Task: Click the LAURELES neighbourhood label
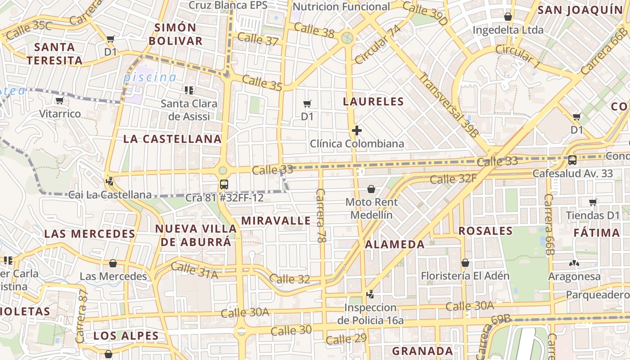tap(373, 101)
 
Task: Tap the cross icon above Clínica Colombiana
tap(357, 131)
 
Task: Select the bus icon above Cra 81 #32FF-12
tap(224, 184)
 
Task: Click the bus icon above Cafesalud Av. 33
tap(572, 160)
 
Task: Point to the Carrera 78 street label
tap(321, 216)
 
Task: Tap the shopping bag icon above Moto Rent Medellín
tap(371, 189)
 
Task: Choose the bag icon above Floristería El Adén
tap(465, 263)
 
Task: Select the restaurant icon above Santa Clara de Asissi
tap(189, 90)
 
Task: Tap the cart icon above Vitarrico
tap(59, 101)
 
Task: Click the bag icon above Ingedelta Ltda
tap(508, 17)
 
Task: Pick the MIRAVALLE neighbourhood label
tap(276, 220)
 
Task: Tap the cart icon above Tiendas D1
tap(593, 202)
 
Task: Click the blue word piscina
tap(150, 77)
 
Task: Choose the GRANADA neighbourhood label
tap(423, 351)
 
